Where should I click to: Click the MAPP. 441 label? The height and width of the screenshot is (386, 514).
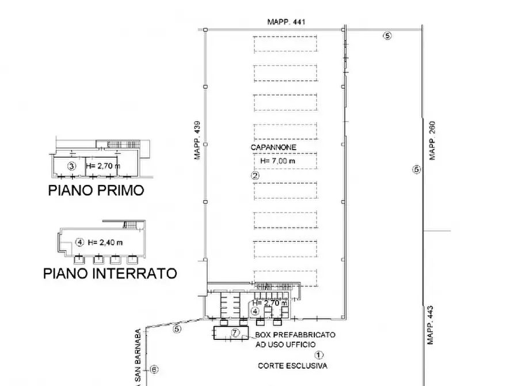pyautogui.click(x=285, y=22)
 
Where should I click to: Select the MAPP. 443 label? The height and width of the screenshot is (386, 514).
pyautogui.click(x=430, y=324)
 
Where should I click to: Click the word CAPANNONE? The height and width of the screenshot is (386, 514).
pyautogui.click(x=273, y=147)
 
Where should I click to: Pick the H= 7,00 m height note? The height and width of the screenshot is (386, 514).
pyautogui.click(x=277, y=161)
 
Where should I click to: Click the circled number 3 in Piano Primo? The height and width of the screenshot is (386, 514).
pyautogui.click(x=71, y=166)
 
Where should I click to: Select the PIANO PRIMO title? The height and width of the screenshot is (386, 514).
pyautogui.click(x=96, y=191)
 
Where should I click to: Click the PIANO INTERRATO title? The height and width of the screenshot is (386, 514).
pyautogui.click(x=110, y=273)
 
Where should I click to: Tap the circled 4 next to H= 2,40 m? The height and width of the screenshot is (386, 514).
pyautogui.click(x=80, y=242)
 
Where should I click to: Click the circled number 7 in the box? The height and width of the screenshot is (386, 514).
pyautogui.click(x=235, y=332)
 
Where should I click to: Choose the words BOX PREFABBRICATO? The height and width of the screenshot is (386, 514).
pyautogui.click(x=295, y=335)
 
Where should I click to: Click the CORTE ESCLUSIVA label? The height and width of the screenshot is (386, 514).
pyautogui.click(x=292, y=366)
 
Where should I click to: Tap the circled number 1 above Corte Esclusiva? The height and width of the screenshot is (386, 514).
pyautogui.click(x=319, y=355)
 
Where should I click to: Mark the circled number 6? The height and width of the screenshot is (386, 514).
pyautogui.click(x=154, y=369)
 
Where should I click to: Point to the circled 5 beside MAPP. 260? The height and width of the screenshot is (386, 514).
pyautogui.click(x=416, y=169)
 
